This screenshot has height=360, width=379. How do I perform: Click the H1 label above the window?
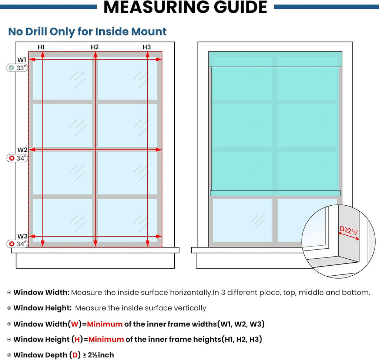tap(41, 47)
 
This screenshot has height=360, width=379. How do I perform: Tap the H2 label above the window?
tap(94, 47)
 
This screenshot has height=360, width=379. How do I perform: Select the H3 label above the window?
tap(147, 47)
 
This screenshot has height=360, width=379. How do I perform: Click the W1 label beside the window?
tap(22, 60)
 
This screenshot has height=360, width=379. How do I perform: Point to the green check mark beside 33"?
tap(11, 68)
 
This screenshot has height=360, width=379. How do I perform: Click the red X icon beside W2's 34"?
tap(11, 158)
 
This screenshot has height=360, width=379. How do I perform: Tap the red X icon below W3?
tap(11, 244)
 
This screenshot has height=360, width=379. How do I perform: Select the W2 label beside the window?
tap(22, 150)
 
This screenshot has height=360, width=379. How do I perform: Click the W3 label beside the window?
tap(22, 236)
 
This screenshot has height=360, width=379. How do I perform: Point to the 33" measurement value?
tap(21, 68)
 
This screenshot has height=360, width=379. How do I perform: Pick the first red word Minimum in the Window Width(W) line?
tap(105, 324)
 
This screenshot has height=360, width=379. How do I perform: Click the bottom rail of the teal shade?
tap(275, 193)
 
